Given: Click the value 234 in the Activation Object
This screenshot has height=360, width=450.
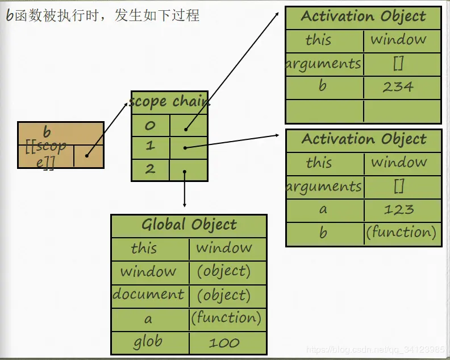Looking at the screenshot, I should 398,87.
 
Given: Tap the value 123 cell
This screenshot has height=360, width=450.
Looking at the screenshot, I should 398,209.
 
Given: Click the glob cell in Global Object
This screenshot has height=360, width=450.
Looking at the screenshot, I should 148,342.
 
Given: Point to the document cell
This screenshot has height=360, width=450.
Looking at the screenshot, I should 148,295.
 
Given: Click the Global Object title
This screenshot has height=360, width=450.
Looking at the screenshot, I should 189,225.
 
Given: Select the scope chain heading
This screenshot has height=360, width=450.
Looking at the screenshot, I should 169,102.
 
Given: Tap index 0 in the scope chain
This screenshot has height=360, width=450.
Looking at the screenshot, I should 150,125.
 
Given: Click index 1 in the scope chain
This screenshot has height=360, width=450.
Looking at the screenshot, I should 150,146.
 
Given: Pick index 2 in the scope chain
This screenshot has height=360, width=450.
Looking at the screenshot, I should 150,169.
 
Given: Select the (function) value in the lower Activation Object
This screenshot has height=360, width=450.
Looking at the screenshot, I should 401,233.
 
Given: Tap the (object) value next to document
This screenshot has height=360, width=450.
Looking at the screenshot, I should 224,295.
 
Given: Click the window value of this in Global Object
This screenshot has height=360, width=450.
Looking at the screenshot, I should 224,248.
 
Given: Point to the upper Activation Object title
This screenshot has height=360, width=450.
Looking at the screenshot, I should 363,16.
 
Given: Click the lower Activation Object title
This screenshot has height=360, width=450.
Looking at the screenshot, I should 364,139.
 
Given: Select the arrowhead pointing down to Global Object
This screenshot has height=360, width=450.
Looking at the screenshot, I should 185,204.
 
